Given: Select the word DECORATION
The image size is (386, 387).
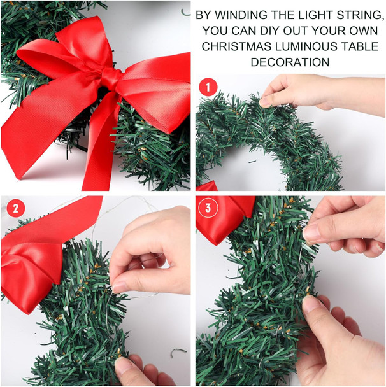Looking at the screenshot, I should point(290,62).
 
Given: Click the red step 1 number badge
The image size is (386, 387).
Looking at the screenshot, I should point(208,87).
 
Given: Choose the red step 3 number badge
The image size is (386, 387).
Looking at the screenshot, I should point(208,208).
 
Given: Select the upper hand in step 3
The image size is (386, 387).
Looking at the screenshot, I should point(347,226).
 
